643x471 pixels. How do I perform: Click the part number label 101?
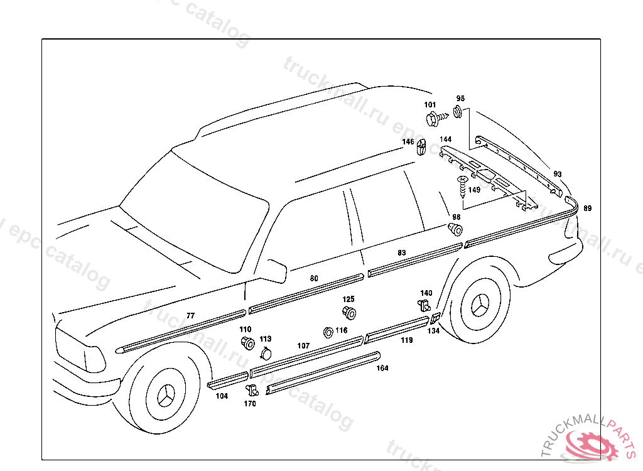[430, 105]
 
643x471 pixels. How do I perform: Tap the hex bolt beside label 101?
[434, 117]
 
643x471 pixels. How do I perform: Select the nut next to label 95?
[458, 112]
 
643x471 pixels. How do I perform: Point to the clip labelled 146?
[421, 146]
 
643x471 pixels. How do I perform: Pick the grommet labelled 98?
[456, 228]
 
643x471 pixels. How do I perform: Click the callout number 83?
[402, 253]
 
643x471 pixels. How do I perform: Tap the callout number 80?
[314, 278]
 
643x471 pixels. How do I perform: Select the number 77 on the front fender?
[191, 315]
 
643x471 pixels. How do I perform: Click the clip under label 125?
[350, 312]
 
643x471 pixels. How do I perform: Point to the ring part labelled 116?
[327, 332]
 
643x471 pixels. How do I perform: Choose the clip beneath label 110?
[248, 343]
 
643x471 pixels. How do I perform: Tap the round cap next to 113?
[266, 352]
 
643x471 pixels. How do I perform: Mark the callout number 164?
[382, 369]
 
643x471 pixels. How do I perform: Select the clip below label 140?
[424, 306]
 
